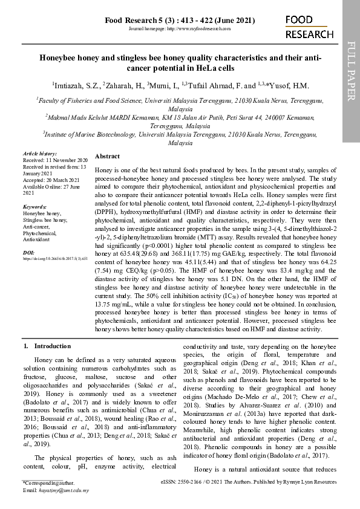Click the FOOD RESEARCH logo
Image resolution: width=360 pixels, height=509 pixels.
point(309,27)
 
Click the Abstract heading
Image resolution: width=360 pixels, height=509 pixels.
point(107,156)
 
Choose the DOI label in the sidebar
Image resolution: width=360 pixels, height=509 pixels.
point(28,252)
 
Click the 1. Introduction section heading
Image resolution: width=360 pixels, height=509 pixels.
point(47,346)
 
